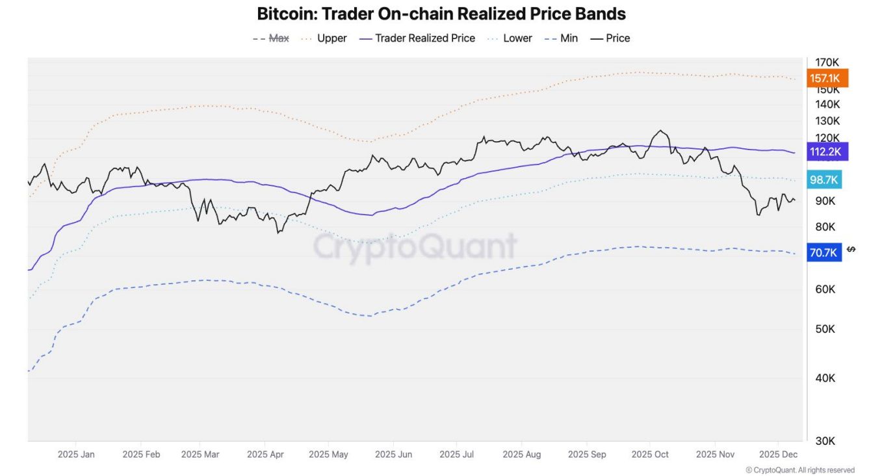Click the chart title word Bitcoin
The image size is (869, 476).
point(285,14)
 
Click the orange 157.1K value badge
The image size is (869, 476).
point(825,79)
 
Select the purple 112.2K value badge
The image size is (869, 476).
point(825,152)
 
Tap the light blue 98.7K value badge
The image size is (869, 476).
point(824,180)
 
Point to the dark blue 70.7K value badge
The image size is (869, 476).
point(824,252)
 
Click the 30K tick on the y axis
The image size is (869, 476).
point(825,441)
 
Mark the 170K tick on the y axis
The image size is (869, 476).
point(827,62)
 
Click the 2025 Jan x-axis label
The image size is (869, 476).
point(76,455)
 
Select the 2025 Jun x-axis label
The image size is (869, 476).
point(394,455)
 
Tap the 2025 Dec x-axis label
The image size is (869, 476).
point(778,455)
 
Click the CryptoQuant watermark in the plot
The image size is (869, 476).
point(415,246)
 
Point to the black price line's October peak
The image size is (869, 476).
point(661,131)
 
